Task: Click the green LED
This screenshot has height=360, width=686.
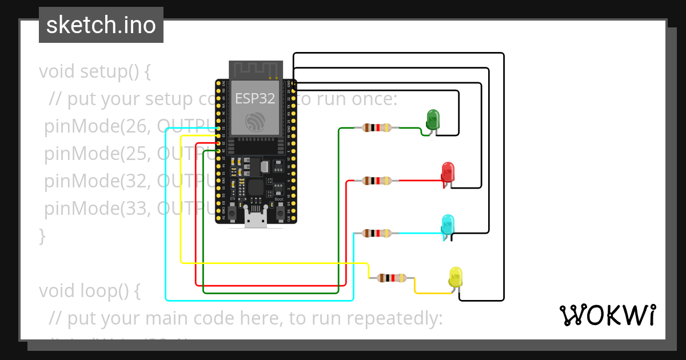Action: (433, 119)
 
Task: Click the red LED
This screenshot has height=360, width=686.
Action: (448, 171)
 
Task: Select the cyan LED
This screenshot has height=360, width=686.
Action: (448, 223)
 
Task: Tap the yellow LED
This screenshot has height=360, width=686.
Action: (455, 277)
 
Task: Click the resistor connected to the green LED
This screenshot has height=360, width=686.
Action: (377, 128)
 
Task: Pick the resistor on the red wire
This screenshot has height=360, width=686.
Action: (377, 181)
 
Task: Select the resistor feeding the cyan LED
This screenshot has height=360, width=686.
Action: (377, 233)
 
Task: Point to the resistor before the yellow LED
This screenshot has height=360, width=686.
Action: (392, 278)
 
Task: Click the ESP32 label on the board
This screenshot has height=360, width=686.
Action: (255, 98)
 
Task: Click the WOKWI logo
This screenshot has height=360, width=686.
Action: (607, 315)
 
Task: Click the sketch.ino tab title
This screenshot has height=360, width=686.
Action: (101, 25)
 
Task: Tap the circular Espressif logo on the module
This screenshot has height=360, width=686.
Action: (256, 122)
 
